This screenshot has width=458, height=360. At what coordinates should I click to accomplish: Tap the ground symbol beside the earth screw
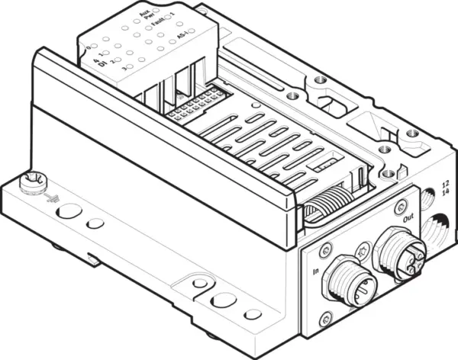point(51,198)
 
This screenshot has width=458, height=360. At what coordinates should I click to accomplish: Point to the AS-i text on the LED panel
point(182,36)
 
